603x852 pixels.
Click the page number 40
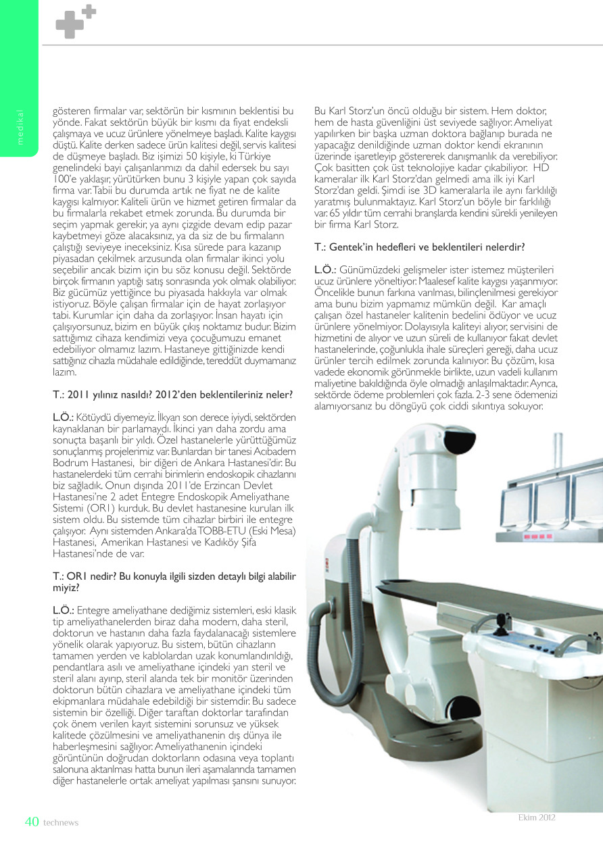coord(32,822)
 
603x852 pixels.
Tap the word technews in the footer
coord(61,823)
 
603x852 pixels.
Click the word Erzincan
coord(239,494)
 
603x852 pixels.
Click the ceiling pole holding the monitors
coord(558,449)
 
